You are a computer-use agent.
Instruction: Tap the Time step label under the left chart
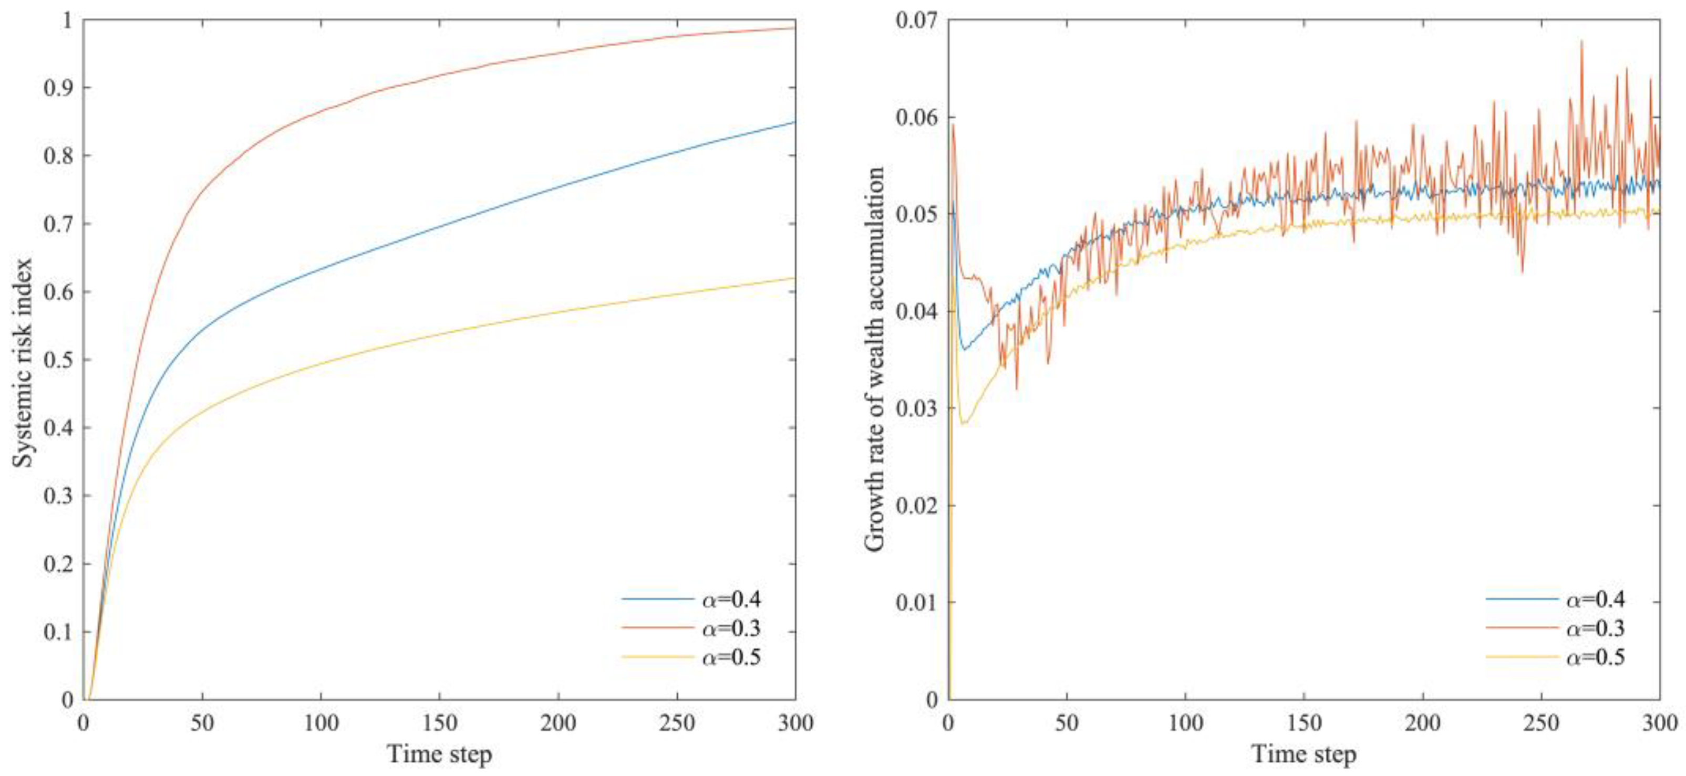tap(439, 755)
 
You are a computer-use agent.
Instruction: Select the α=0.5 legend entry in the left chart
tap(730, 657)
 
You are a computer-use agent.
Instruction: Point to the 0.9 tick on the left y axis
tap(58, 88)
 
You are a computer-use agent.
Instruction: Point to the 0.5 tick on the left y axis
tap(58, 360)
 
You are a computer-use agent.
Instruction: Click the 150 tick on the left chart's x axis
tap(439, 723)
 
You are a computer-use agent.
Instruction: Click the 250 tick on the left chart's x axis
tap(677, 723)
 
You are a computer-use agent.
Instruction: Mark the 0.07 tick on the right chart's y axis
tap(916, 20)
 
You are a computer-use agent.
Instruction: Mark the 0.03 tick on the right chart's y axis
tap(916, 408)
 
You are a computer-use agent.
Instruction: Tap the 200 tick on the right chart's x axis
tap(1423, 723)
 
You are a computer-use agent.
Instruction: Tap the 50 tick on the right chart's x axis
tap(1067, 723)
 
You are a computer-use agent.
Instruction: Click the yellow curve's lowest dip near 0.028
tap(964, 424)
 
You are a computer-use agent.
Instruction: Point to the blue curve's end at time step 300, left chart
tap(794, 122)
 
